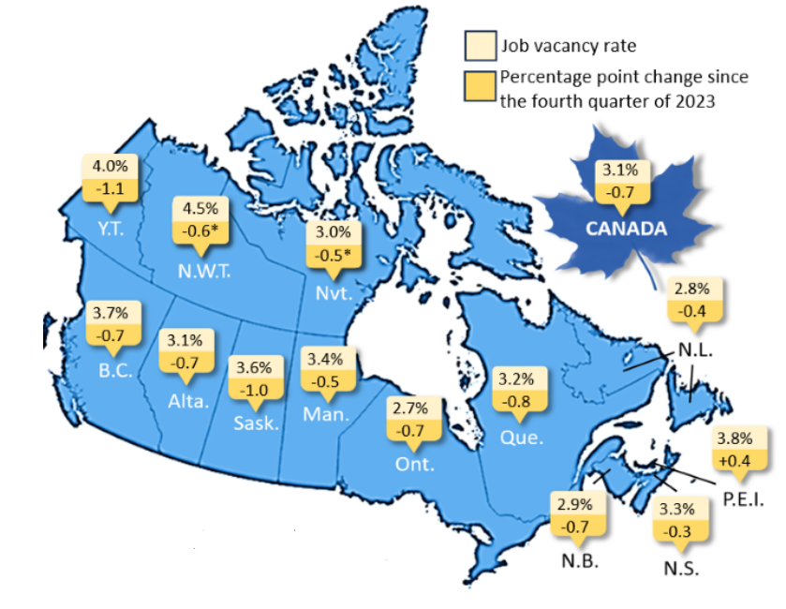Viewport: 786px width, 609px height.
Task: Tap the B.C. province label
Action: pos(115,369)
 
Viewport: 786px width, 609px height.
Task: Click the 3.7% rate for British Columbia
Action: pos(111,311)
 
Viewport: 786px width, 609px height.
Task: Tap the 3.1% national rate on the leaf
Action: pos(620,171)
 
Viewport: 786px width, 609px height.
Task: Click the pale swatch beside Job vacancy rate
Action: pos(479,44)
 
